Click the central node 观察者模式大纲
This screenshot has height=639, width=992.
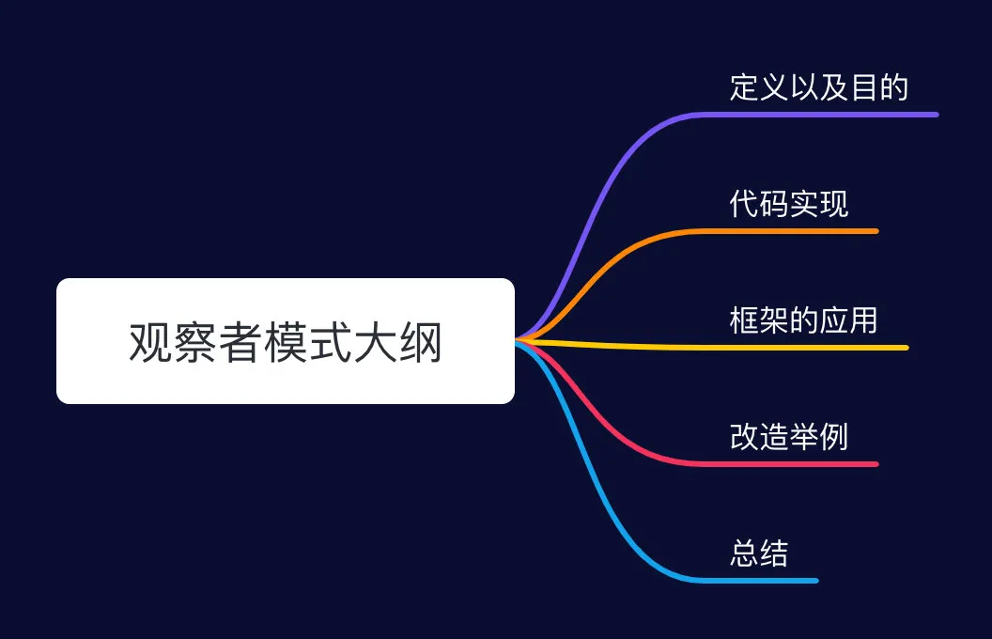(286, 341)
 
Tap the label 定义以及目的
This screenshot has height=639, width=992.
(819, 87)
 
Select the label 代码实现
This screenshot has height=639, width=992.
(789, 204)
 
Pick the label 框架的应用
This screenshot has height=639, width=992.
(803, 320)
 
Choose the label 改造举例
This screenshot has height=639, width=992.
(789, 437)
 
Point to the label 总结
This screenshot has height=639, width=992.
(759, 553)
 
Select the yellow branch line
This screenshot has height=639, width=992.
(712, 347)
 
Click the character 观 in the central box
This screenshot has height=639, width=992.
(150, 342)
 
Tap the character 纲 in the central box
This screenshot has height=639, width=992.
(420, 342)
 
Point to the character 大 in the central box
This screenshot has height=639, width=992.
(375, 342)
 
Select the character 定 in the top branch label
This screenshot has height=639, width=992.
(745, 87)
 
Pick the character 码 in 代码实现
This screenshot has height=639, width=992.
(774, 204)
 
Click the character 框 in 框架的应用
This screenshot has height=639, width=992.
(745, 320)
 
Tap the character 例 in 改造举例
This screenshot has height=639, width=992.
(834, 437)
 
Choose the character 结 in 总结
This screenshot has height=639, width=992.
(774, 553)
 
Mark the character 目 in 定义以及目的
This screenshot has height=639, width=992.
(864, 87)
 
